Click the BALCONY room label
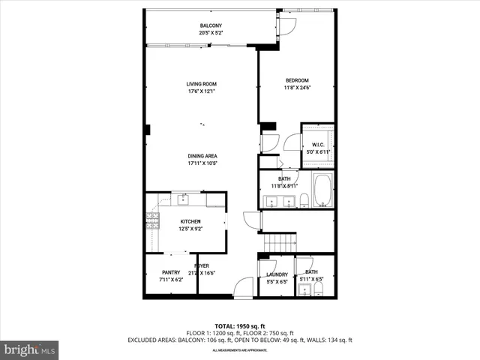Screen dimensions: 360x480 click(211, 26)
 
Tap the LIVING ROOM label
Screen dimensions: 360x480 click(201, 84)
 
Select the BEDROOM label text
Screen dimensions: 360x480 click(296, 80)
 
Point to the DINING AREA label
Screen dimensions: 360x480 click(202, 156)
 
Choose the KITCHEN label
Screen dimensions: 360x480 click(190, 221)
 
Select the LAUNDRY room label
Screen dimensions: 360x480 click(277, 274)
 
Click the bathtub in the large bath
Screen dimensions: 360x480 click(323, 190)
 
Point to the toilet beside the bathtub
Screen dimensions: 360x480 click(304, 200)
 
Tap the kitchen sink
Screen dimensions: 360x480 click(183, 199)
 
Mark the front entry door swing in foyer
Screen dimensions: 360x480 click(242, 289)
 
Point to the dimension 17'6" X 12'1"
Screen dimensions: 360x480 click(201, 91)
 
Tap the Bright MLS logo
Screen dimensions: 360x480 click(29, 349)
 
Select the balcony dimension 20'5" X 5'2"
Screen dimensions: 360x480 click(211, 34)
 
